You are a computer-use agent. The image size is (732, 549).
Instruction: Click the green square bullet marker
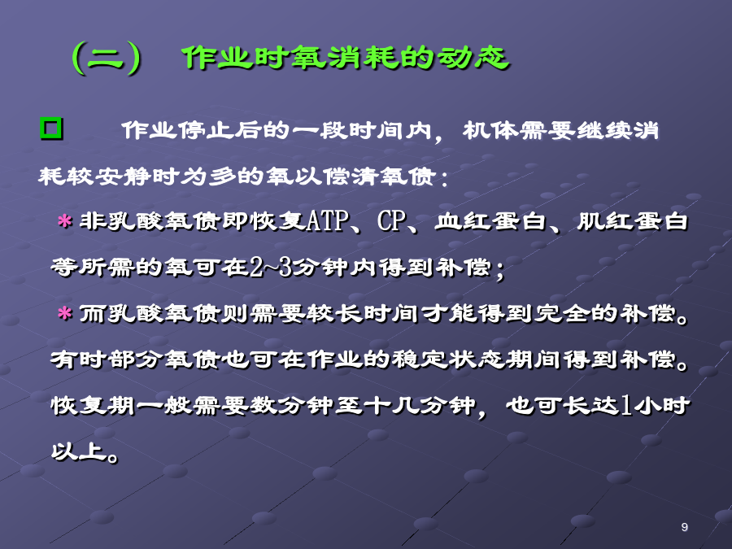51,129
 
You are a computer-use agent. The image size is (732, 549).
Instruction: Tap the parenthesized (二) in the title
107,58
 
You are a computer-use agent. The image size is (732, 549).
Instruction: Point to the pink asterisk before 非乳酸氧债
64,220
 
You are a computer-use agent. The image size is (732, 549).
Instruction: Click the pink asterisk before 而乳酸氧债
64,313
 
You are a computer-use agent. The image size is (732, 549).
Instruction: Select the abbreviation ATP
328,220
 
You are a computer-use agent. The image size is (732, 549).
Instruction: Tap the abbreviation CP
392,220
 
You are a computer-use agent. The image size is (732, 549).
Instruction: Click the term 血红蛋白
490,220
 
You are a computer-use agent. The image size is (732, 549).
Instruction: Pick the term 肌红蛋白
633,220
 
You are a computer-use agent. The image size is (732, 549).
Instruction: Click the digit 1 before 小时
626,405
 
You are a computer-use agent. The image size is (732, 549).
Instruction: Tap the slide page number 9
684,527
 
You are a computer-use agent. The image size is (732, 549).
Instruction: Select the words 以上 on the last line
78,451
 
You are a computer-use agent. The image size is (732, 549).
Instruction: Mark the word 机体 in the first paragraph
490,130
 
